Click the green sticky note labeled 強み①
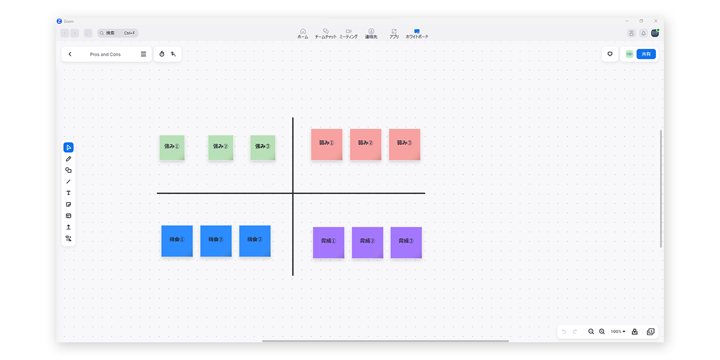coord(172,147)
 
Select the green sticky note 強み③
coord(263,147)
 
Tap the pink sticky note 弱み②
coord(366,145)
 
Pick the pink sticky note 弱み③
coord(404,145)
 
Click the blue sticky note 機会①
coord(177,241)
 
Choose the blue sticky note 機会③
coord(255,241)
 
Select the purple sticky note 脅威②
coord(367,243)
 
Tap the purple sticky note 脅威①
coord(328,243)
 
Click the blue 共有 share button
coord(646,54)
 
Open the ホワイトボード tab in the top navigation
coord(417,33)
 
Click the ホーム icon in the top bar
coord(303,33)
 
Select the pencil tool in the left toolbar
coord(69,159)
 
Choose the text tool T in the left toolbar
coord(69,193)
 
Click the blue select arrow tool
coord(69,147)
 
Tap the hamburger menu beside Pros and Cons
coord(143,54)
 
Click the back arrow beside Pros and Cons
coord(70,54)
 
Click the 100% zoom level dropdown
coord(618,331)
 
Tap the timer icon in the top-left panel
coord(162,54)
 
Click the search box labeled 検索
coord(118,33)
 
